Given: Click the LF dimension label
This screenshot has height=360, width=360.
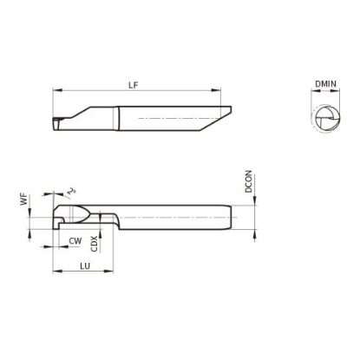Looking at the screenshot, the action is pyautogui.click(x=134, y=85).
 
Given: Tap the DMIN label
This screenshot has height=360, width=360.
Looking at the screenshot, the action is pyautogui.click(x=325, y=84).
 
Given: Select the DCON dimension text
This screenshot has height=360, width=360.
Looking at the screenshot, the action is pyautogui.click(x=248, y=181).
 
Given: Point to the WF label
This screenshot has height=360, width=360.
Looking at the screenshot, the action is pyautogui.click(x=25, y=200).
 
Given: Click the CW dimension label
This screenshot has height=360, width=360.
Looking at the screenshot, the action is pyautogui.click(x=75, y=241).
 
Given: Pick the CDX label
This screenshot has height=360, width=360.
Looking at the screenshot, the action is pyautogui.click(x=95, y=244).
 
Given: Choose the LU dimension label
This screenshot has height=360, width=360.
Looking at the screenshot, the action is pyautogui.click(x=85, y=266).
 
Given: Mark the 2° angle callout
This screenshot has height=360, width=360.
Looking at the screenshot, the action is pyautogui.click(x=71, y=191).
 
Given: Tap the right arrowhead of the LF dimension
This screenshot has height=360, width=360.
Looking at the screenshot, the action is pyautogui.click(x=216, y=90).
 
